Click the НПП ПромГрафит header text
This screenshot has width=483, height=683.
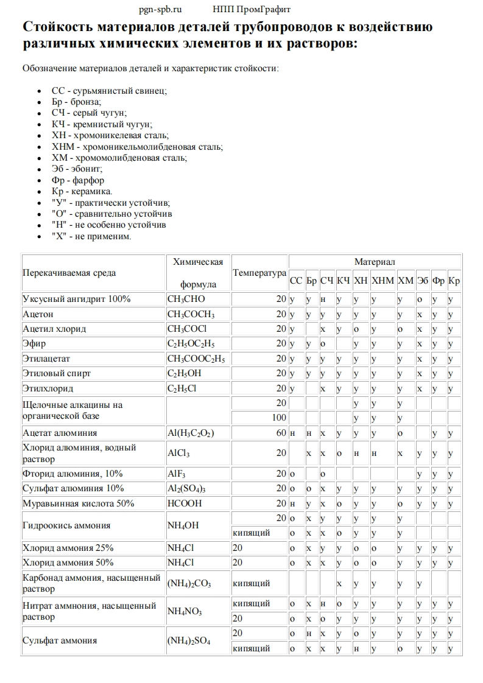(x=252, y=10)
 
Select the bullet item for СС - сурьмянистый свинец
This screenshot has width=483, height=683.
(x=109, y=91)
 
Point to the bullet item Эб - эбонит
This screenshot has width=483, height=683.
(x=77, y=169)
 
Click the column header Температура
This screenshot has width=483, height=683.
(x=259, y=273)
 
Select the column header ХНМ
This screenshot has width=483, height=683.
(x=383, y=281)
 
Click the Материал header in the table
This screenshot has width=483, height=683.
(x=375, y=262)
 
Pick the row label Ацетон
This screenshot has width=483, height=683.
(x=38, y=314)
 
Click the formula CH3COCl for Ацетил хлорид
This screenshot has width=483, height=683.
(x=186, y=329)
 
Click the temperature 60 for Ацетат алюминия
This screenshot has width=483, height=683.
(x=280, y=433)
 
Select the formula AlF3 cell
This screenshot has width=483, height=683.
(x=176, y=474)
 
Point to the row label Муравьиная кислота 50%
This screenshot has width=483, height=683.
(x=78, y=503)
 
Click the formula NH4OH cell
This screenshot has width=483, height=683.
(x=183, y=525)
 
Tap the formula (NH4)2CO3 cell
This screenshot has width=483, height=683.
(x=189, y=583)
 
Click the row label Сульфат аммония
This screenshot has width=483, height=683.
(x=60, y=640)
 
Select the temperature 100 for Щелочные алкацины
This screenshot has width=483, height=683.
(x=279, y=418)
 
